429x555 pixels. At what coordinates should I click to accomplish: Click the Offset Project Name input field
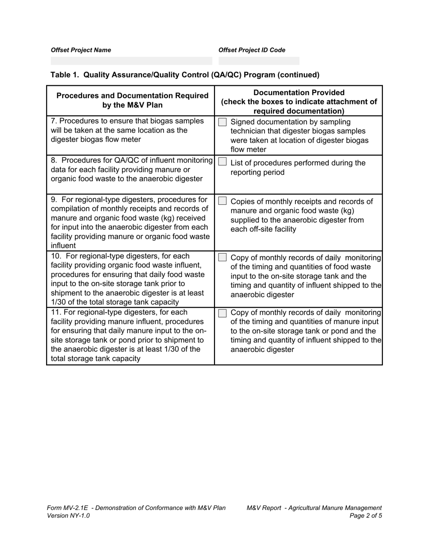point(131,61)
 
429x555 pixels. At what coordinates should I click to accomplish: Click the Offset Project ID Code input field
point(259,61)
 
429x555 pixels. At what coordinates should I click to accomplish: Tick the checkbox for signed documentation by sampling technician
point(222,122)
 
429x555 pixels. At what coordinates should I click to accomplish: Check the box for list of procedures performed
point(222,162)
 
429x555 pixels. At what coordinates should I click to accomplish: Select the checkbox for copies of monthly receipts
point(222,201)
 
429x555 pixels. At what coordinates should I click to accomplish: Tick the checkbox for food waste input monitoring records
point(222,257)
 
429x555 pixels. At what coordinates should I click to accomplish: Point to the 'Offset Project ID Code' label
point(252,50)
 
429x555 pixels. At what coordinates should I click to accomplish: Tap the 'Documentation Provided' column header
point(298,92)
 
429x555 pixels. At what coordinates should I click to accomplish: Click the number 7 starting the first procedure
point(53,121)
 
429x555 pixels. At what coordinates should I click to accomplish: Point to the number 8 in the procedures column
point(54,160)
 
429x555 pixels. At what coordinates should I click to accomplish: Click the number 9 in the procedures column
point(54,199)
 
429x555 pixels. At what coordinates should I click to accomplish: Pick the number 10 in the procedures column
point(56,256)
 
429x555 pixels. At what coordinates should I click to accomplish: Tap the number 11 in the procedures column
point(56,312)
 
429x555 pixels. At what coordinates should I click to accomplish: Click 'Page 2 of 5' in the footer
point(366,516)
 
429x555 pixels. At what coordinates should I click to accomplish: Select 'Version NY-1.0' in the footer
point(68,516)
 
